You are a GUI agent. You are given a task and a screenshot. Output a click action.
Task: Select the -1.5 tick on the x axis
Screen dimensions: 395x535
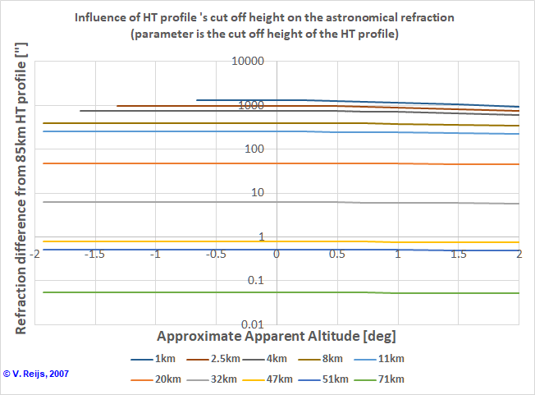click(94, 255)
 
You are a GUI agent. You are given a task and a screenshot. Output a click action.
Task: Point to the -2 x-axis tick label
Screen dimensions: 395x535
click(34, 255)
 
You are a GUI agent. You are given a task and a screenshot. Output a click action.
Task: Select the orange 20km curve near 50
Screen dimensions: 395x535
click(164, 163)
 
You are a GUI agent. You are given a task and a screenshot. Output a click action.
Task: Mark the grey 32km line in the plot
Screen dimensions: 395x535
click(164, 201)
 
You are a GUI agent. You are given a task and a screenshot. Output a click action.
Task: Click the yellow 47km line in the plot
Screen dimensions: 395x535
click(164, 241)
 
